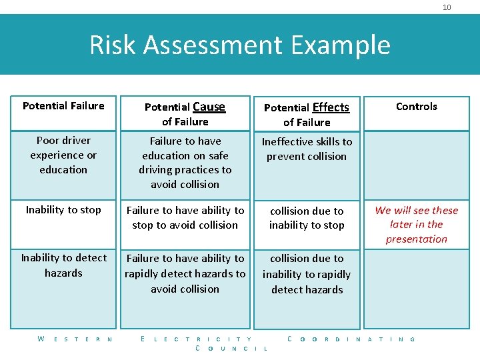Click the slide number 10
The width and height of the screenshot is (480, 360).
447,7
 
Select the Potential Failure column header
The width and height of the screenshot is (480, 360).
63,106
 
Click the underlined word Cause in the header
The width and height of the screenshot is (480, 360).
209,106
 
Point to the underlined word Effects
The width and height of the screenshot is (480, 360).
331,107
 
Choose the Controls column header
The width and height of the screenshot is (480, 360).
417,107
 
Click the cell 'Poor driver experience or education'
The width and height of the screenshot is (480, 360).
63,155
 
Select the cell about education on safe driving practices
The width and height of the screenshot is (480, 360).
185,163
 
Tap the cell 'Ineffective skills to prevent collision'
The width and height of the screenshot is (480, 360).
307,149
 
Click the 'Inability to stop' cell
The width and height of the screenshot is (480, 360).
63,210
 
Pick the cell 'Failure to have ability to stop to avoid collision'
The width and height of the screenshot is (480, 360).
185,217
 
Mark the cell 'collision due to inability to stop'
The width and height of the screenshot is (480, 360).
307,218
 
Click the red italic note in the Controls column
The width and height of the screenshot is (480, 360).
417,225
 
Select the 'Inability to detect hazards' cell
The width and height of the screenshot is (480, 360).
63,265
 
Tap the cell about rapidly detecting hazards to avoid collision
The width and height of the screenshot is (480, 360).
185,273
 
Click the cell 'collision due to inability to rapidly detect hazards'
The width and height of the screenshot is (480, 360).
307,274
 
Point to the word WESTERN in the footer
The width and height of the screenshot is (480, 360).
75,339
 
